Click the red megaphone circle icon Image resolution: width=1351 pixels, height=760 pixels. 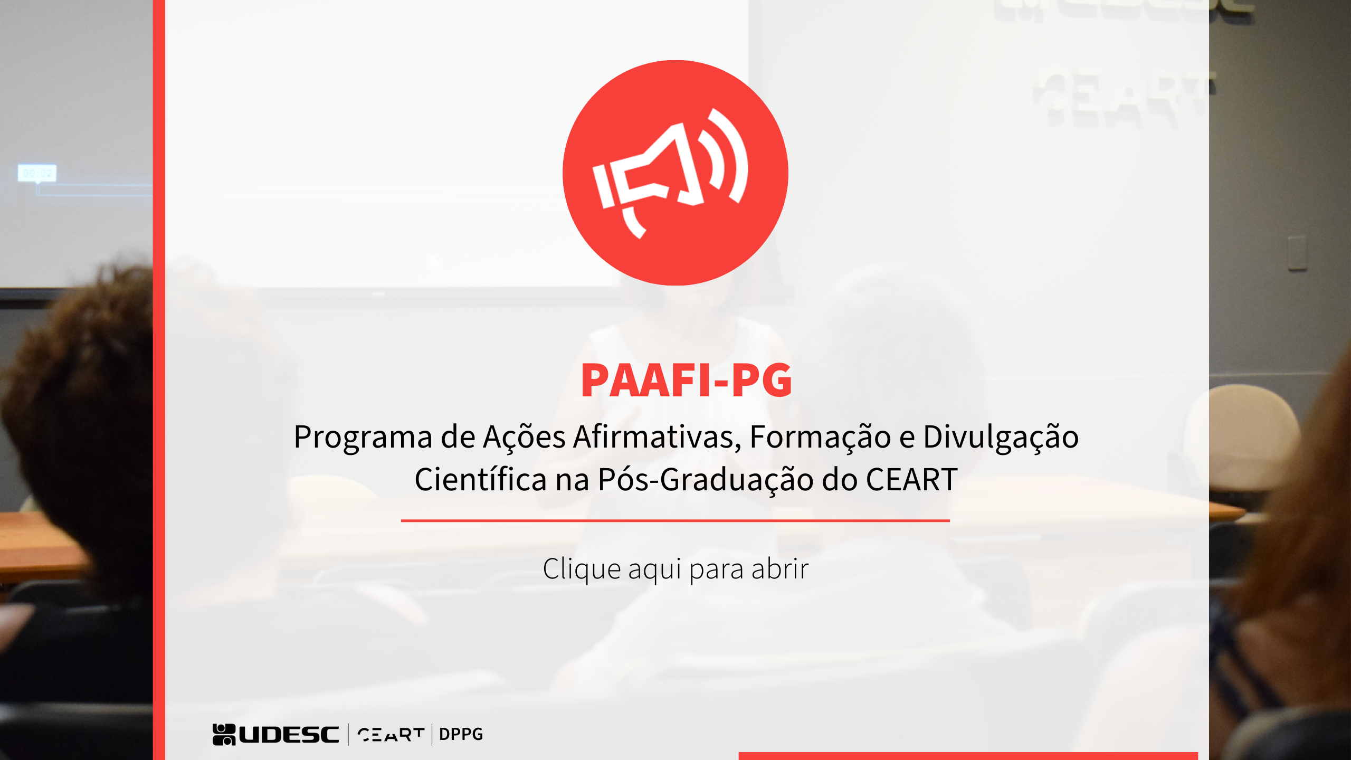(x=675, y=173)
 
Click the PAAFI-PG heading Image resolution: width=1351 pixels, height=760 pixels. (x=686, y=380)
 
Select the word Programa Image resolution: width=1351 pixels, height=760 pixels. (x=363, y=438)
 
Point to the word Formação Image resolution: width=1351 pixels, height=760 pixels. (x=820, y=438)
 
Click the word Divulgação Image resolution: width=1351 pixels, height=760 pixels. (x=1001, y=438)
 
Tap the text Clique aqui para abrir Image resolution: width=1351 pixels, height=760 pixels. (x=675, y=569)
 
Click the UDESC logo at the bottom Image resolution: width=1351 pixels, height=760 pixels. (x=275, y=734)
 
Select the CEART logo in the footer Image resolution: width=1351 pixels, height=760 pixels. (x=391, y=734)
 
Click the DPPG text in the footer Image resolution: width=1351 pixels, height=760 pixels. (x=461, y=734)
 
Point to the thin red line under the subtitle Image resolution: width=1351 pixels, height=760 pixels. (x=675, y=520)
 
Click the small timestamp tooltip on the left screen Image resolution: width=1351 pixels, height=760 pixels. (x=37, y=173)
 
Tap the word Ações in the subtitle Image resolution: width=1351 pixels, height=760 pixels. (x=525, y=438)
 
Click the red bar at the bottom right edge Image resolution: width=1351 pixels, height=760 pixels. (x=968, y=756)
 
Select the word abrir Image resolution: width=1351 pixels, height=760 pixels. (x=780, y=569)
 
